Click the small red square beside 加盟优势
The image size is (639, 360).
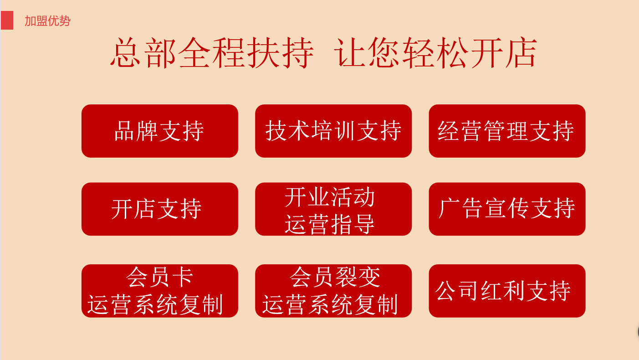7,20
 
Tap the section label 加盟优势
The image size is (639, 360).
47,21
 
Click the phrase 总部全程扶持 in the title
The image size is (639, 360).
212,53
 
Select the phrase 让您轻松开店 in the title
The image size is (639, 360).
435,53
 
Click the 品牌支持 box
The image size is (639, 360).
160,131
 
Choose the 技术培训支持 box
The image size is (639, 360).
333,131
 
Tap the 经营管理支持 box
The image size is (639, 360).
507,131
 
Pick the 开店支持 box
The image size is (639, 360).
160,209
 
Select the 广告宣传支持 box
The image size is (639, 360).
507,209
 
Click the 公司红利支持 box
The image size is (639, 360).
507,291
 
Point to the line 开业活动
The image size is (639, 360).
330,197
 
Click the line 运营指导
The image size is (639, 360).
330,224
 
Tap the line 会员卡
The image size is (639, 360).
160,277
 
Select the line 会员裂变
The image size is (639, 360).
335,277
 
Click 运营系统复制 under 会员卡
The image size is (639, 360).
155,304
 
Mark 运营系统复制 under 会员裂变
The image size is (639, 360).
330,304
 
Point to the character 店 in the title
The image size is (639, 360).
521,53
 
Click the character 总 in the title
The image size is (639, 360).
126,53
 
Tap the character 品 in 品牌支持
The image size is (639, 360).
124,131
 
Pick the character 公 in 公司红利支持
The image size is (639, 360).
445,291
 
